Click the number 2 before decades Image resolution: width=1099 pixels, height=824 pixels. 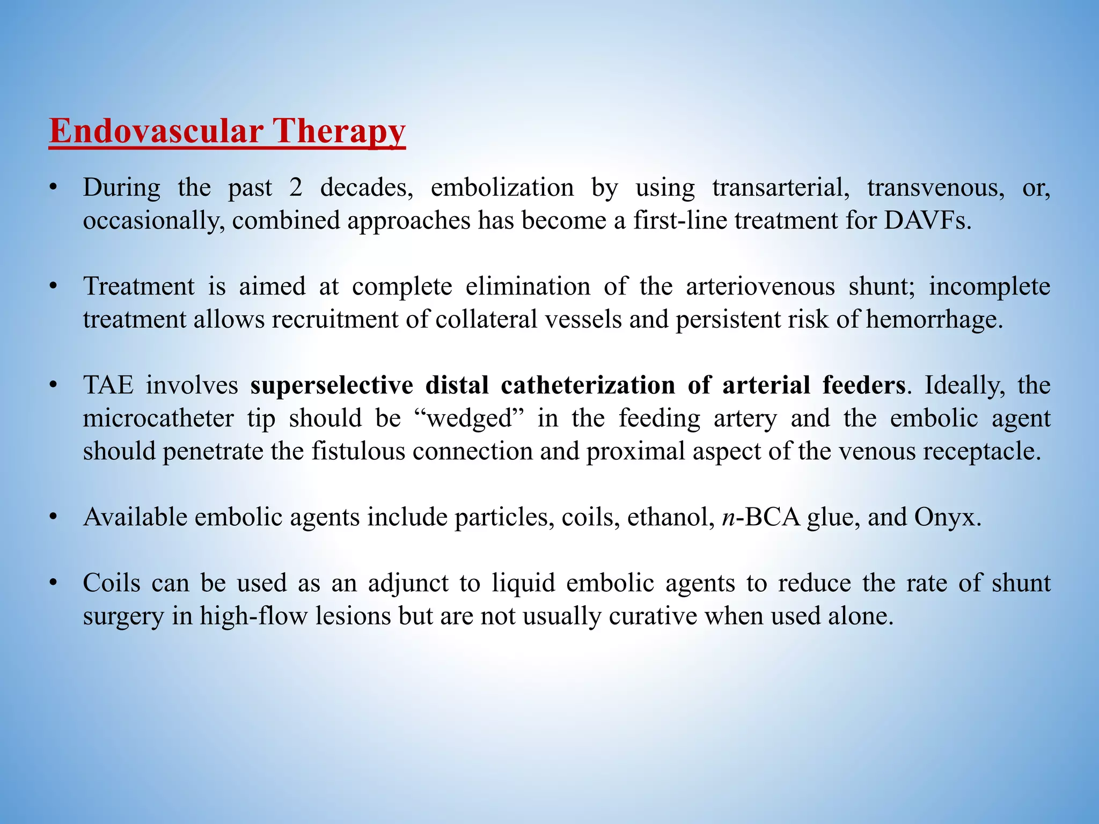pos(296,188)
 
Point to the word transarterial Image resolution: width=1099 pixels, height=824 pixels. pos(781,188)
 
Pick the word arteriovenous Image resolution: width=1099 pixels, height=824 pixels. pos(760,286)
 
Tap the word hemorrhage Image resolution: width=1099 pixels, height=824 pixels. pos(934,320)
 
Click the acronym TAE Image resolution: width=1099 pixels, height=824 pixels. pos(108,385)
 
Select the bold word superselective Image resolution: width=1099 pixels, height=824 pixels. pos(332,386)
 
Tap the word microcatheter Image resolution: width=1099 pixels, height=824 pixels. pos(158,418)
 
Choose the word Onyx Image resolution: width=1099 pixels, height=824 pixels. pos(947,517)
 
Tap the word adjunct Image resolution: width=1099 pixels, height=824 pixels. pos(408,583)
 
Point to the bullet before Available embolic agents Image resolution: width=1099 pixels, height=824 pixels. pos(53,517)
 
